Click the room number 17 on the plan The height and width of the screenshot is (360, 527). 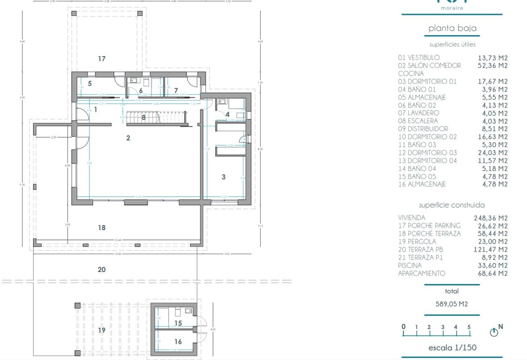[102, 59]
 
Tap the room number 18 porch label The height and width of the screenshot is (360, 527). [102, 228]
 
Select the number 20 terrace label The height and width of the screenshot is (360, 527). [102, 270]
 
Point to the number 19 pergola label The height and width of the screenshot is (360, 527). [102, 330]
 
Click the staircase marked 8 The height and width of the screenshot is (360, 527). [144, 118]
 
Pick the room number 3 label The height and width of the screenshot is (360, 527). [224, 177]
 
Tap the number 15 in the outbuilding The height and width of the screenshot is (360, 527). [178, 323]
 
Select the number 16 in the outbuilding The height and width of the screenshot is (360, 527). [178, 342]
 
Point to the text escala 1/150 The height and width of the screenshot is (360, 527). [452, 348]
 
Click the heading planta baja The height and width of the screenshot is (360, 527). [452, 28]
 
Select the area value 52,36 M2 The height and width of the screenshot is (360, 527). [492, 66]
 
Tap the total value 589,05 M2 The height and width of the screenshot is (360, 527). [452, 304]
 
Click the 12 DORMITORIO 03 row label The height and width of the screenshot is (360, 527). [427, 153]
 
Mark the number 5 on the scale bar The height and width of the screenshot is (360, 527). [469, 327]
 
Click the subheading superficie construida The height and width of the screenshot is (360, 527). [452, 205]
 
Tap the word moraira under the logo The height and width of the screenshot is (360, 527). [452, 8]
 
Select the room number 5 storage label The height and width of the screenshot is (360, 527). [90, 83]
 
